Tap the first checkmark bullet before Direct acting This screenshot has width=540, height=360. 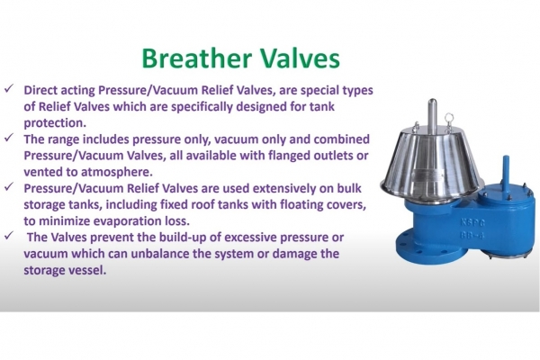click(x=9, y=92)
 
